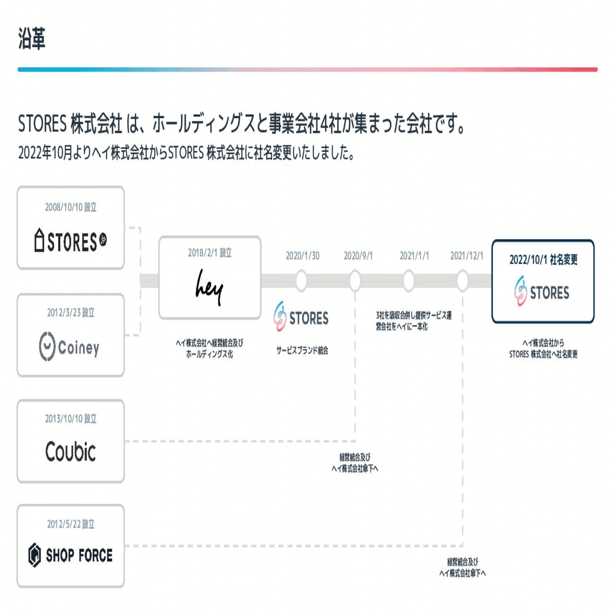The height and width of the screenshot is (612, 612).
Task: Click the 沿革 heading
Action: point(31,39)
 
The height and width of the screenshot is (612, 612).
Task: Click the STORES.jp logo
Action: point(70,241)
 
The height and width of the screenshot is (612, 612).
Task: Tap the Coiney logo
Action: point(70,347)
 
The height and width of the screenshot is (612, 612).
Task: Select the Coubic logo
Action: point(70,451)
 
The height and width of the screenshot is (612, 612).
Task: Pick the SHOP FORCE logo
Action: point(70,555)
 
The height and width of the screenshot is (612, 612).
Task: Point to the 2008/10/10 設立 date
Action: point(70,208)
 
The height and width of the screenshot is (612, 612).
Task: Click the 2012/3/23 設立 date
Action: point(70,313)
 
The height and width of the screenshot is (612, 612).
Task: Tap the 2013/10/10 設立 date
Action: point(70,418)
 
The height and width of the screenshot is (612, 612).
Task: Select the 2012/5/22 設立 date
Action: point(70,524)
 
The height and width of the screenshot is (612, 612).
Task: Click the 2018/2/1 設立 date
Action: point(209,253)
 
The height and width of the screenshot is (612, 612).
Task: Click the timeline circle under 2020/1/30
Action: point(302,280)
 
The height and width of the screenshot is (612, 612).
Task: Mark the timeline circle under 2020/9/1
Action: point(355,280)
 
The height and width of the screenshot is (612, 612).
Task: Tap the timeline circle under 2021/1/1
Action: point(409,280)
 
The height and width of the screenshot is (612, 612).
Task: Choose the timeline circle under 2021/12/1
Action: point(463,280)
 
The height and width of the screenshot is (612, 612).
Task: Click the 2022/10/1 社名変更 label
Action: point(543,260)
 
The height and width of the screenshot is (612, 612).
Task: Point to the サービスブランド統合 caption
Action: point(302,351)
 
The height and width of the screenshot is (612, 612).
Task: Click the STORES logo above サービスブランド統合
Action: point(301,317)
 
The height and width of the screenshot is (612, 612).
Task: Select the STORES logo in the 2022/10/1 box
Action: point(542,291)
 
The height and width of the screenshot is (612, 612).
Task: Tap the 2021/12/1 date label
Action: point(467,256)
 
